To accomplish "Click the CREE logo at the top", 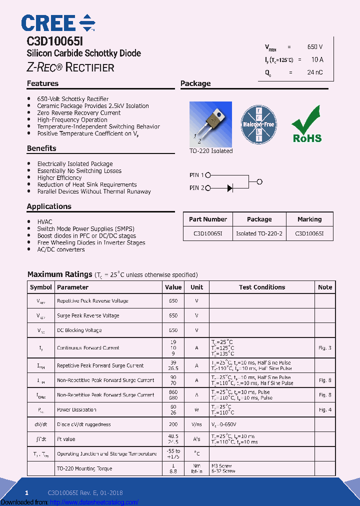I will pos(58,23).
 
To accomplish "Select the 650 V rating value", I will pos(314,47).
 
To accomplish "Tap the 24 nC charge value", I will pos(314,72).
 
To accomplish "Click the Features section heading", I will pos(42,83).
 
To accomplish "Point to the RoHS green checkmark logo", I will pos(307,124).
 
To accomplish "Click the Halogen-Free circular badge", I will pos(259,124).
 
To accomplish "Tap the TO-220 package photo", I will pos(210,123).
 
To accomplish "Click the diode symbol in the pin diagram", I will pos(230,188).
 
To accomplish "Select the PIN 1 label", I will pos(196,175).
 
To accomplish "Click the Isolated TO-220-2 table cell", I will pos(259,233).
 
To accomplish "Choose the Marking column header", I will pos(309,219).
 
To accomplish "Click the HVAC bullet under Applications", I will pos(44,221).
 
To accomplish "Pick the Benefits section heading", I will pos(41,148).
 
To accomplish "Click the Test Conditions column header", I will pos(262,287).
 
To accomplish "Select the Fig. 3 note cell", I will pos(324,348).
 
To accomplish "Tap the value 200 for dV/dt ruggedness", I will pos(173,424).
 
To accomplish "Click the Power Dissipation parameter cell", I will pos(76,410).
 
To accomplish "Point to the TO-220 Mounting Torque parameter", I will pos(84,469).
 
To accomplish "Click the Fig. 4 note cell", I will pos(324,410).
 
